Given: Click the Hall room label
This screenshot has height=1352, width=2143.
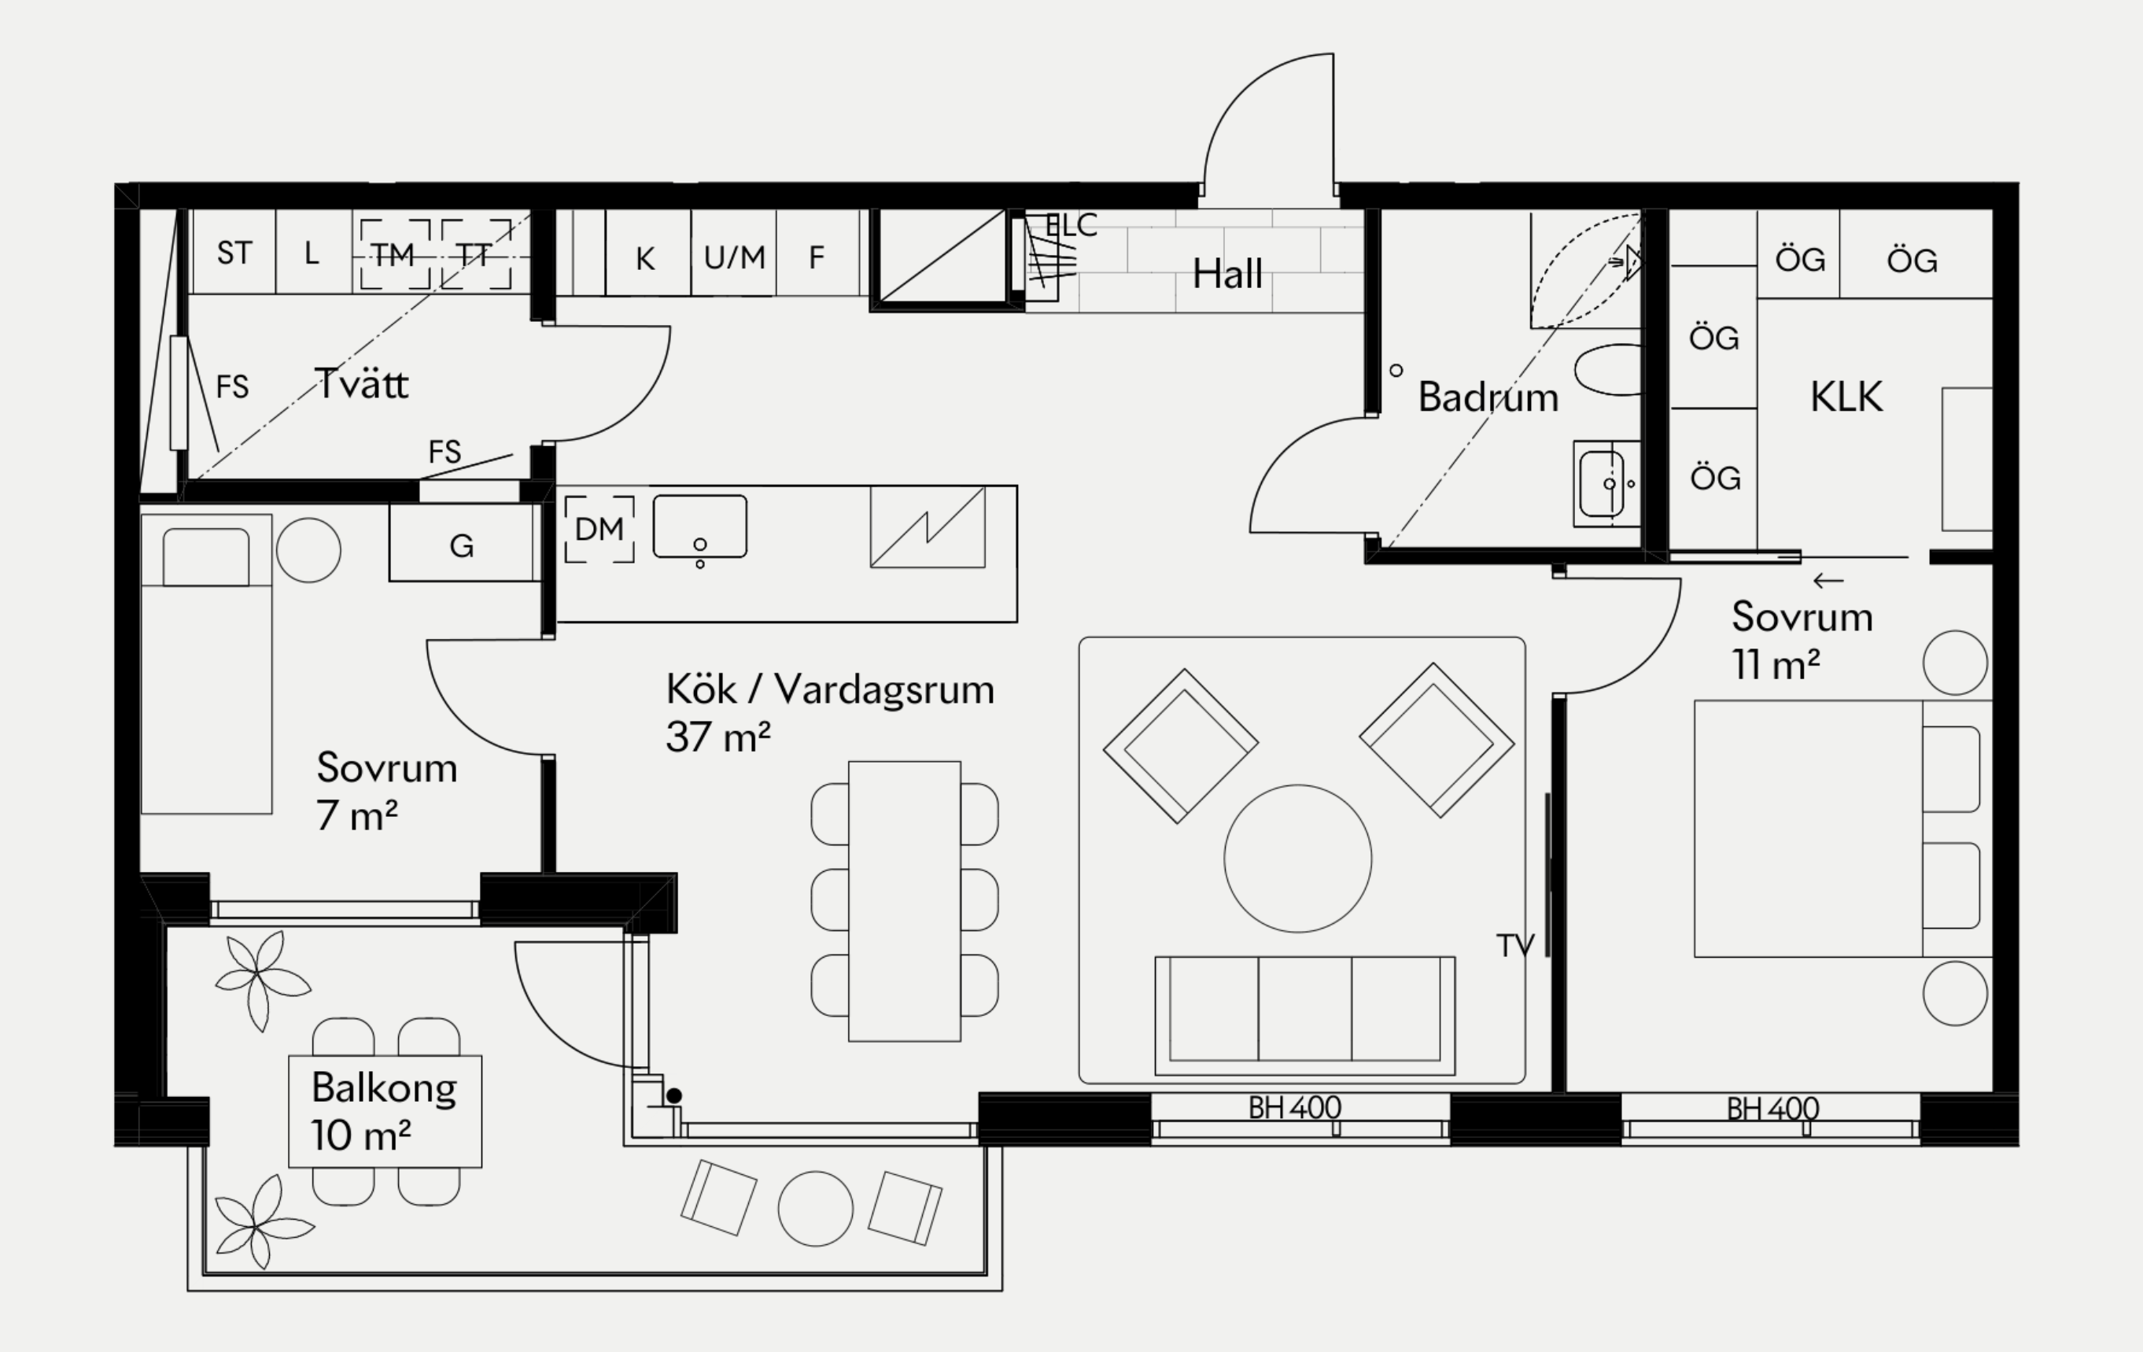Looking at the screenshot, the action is point(1227,273).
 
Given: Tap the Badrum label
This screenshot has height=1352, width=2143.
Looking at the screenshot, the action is point(1488,397).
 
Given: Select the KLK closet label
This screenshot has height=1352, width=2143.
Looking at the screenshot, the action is point(1846,397).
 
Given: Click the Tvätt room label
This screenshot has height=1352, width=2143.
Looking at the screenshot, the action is point(362,385).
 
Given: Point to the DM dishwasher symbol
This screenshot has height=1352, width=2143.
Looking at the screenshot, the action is point(599,530).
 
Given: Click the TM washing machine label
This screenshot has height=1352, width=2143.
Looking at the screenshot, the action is point(393,256).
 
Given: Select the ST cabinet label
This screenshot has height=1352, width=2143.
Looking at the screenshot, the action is point(234,253).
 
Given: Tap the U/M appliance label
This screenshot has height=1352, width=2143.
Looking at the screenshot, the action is point(734,257).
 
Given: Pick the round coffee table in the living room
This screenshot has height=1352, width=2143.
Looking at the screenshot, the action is point(1297,858).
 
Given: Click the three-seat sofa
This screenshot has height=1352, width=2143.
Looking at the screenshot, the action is point(1304,1015).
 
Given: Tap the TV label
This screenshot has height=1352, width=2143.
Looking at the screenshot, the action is point(1514,945).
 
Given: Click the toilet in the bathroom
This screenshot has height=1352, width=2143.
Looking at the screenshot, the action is point(1608,369).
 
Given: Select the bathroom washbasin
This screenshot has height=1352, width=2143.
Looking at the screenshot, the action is point(1605,484).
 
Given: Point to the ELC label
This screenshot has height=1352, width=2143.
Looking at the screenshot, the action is point(1071,226).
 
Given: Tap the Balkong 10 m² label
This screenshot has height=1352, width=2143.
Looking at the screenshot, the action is point(385,1110).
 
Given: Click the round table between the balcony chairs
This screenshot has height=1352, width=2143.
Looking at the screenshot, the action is point(815,1208).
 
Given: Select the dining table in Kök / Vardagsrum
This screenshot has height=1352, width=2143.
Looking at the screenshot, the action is point(904,901).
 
